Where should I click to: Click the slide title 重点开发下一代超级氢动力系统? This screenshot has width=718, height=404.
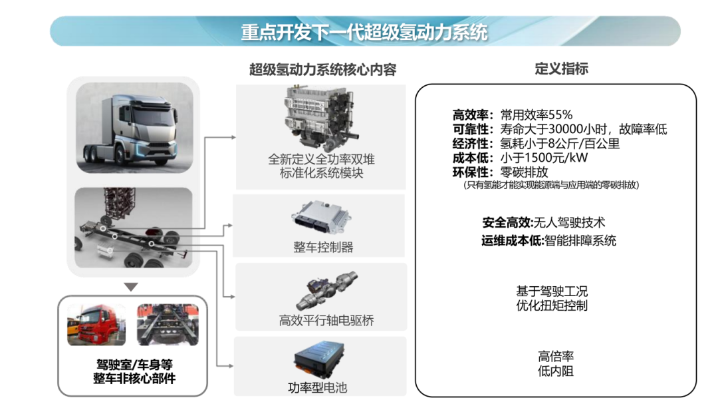(x=364, y=32)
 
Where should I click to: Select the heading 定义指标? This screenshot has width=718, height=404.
(x=561, y=69)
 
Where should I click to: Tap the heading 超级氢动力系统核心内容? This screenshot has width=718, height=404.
(x=322, y=69)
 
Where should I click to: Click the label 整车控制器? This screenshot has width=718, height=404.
(x=323, y=247)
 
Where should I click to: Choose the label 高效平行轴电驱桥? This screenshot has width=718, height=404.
(x=326, y=321)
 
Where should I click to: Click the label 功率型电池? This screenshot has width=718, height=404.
(x=317, y=387)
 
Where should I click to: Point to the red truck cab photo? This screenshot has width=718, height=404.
(x=96, y=325)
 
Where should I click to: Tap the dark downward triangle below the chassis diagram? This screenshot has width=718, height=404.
(x=132, y=287)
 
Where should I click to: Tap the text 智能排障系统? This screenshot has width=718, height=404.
(x=580, y=240)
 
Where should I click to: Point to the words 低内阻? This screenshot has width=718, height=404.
(x=555, y=371)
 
